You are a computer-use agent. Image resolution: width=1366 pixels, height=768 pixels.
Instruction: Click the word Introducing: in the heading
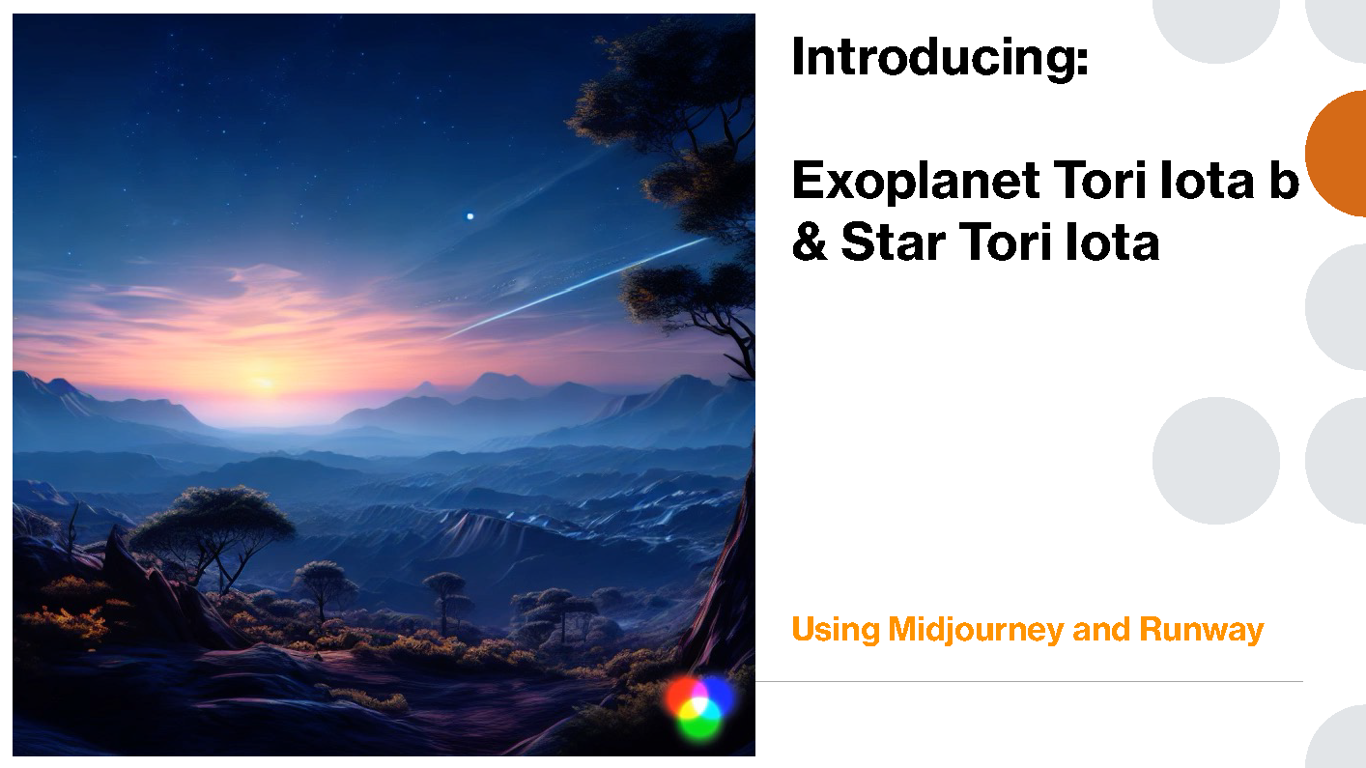pos(940,58)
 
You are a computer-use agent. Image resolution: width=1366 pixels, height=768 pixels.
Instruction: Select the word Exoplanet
pos(916,182)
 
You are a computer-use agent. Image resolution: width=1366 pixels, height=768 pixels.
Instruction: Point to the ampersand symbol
pos(810,242)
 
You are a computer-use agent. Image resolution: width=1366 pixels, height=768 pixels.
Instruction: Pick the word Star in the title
pos(894,242)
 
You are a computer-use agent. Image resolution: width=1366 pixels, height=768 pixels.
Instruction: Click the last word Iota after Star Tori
pos(1112,242)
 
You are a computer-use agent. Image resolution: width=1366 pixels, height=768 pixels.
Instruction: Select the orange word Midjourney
pos(976,630)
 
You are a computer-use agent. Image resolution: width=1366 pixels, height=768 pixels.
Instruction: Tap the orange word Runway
pos(1202,630)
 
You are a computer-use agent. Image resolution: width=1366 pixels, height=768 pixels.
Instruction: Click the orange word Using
pos(836,630)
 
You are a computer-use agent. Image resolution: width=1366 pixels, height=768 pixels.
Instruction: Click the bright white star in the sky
pos(470,216)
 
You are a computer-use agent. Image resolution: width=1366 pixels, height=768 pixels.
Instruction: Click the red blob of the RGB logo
pos(683,697)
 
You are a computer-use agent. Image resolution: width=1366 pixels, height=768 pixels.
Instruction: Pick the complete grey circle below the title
pos(1216,461)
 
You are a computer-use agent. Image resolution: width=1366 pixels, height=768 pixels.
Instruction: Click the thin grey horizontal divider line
pos(1030,681)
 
